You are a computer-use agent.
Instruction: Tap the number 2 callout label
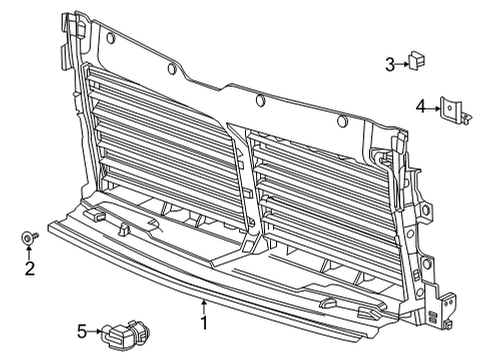coord(30,267)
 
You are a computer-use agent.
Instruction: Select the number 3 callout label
coord(390,65)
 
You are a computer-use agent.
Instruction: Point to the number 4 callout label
coord(420,105)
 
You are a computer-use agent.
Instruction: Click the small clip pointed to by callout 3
coord(415,63)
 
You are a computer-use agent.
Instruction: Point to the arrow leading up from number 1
coord(204,306)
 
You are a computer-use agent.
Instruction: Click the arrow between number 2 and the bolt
coord(30,252)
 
